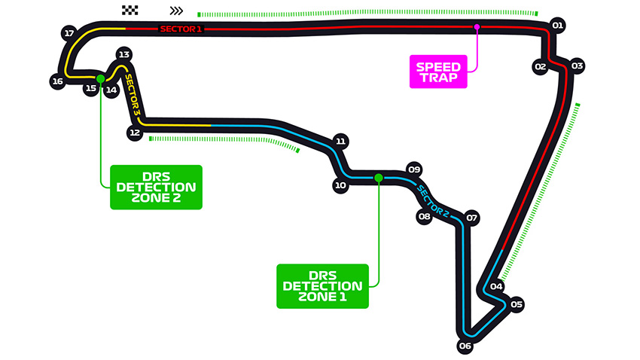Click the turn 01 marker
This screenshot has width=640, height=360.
[x=557, y=25]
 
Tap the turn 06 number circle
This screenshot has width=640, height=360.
[x=465, y=346]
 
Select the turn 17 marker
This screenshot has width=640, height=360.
[x=69, y=33]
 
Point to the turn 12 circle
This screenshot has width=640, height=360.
[x=135, y=133]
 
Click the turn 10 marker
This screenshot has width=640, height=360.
[x=340, y=185]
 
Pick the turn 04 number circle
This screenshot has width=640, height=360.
[x=496, y=286]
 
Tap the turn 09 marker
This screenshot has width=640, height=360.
[x=413, y=169]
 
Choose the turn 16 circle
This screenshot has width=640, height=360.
[x=57, y=81]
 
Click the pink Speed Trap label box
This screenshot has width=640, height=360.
[x=438, y=72]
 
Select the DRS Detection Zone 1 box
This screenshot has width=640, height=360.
[x=322, y=286]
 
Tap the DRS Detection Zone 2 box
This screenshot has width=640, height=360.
[x=156, y=187]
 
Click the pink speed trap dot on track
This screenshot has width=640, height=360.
[x=477, y=27]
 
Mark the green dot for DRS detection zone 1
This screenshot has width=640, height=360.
[x=379, y=178]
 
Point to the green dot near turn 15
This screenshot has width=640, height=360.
[x=99, y=78]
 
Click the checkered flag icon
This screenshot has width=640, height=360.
[x=130, y=11]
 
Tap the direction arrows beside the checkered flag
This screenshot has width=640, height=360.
[x=176, y=11]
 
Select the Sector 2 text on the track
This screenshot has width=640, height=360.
[x=433, y=200]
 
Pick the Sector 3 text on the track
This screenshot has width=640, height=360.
[x=132, y=93]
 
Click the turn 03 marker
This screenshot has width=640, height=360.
[x=577, y=66]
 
